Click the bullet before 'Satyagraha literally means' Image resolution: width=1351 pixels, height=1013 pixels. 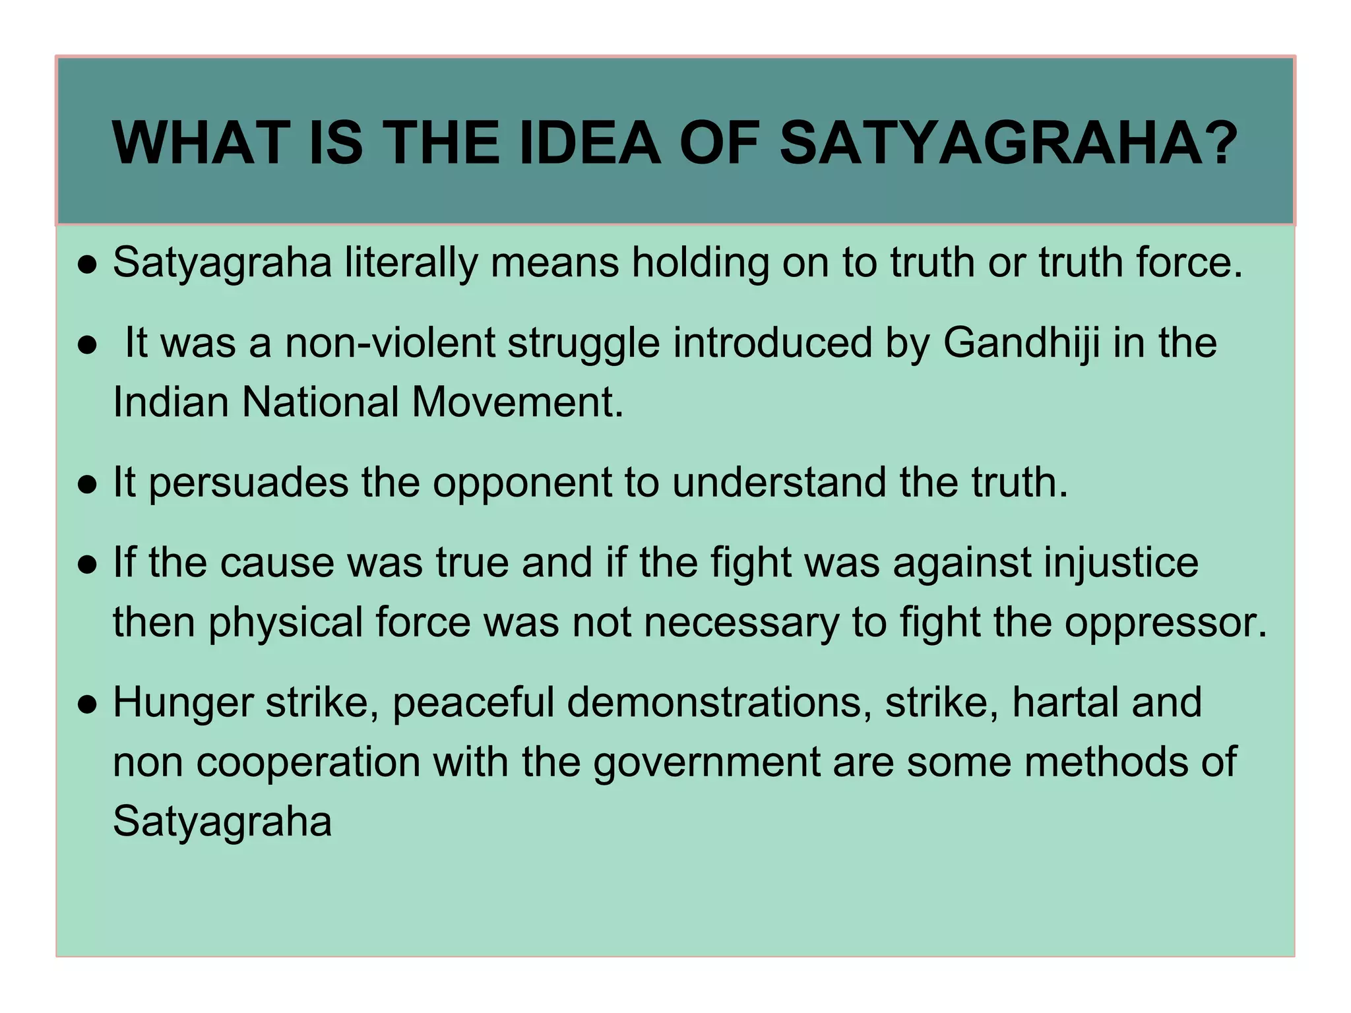[87, 265]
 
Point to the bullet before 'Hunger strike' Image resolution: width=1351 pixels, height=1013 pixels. [87, 705]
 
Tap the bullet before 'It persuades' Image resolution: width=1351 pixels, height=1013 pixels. [87, 485]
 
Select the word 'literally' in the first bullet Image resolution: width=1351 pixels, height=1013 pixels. [410, 263]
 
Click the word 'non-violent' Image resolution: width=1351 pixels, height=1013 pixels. [389, 344]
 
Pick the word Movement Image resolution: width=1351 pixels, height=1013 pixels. [517, 402]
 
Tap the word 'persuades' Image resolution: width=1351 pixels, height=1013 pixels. [249, 483]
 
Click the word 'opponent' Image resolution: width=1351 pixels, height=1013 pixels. [522, 483]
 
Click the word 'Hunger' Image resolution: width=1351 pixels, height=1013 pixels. [183, 703]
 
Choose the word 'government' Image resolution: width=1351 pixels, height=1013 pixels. [707, 763]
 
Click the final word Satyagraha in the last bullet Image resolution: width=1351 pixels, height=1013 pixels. [222, 822]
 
